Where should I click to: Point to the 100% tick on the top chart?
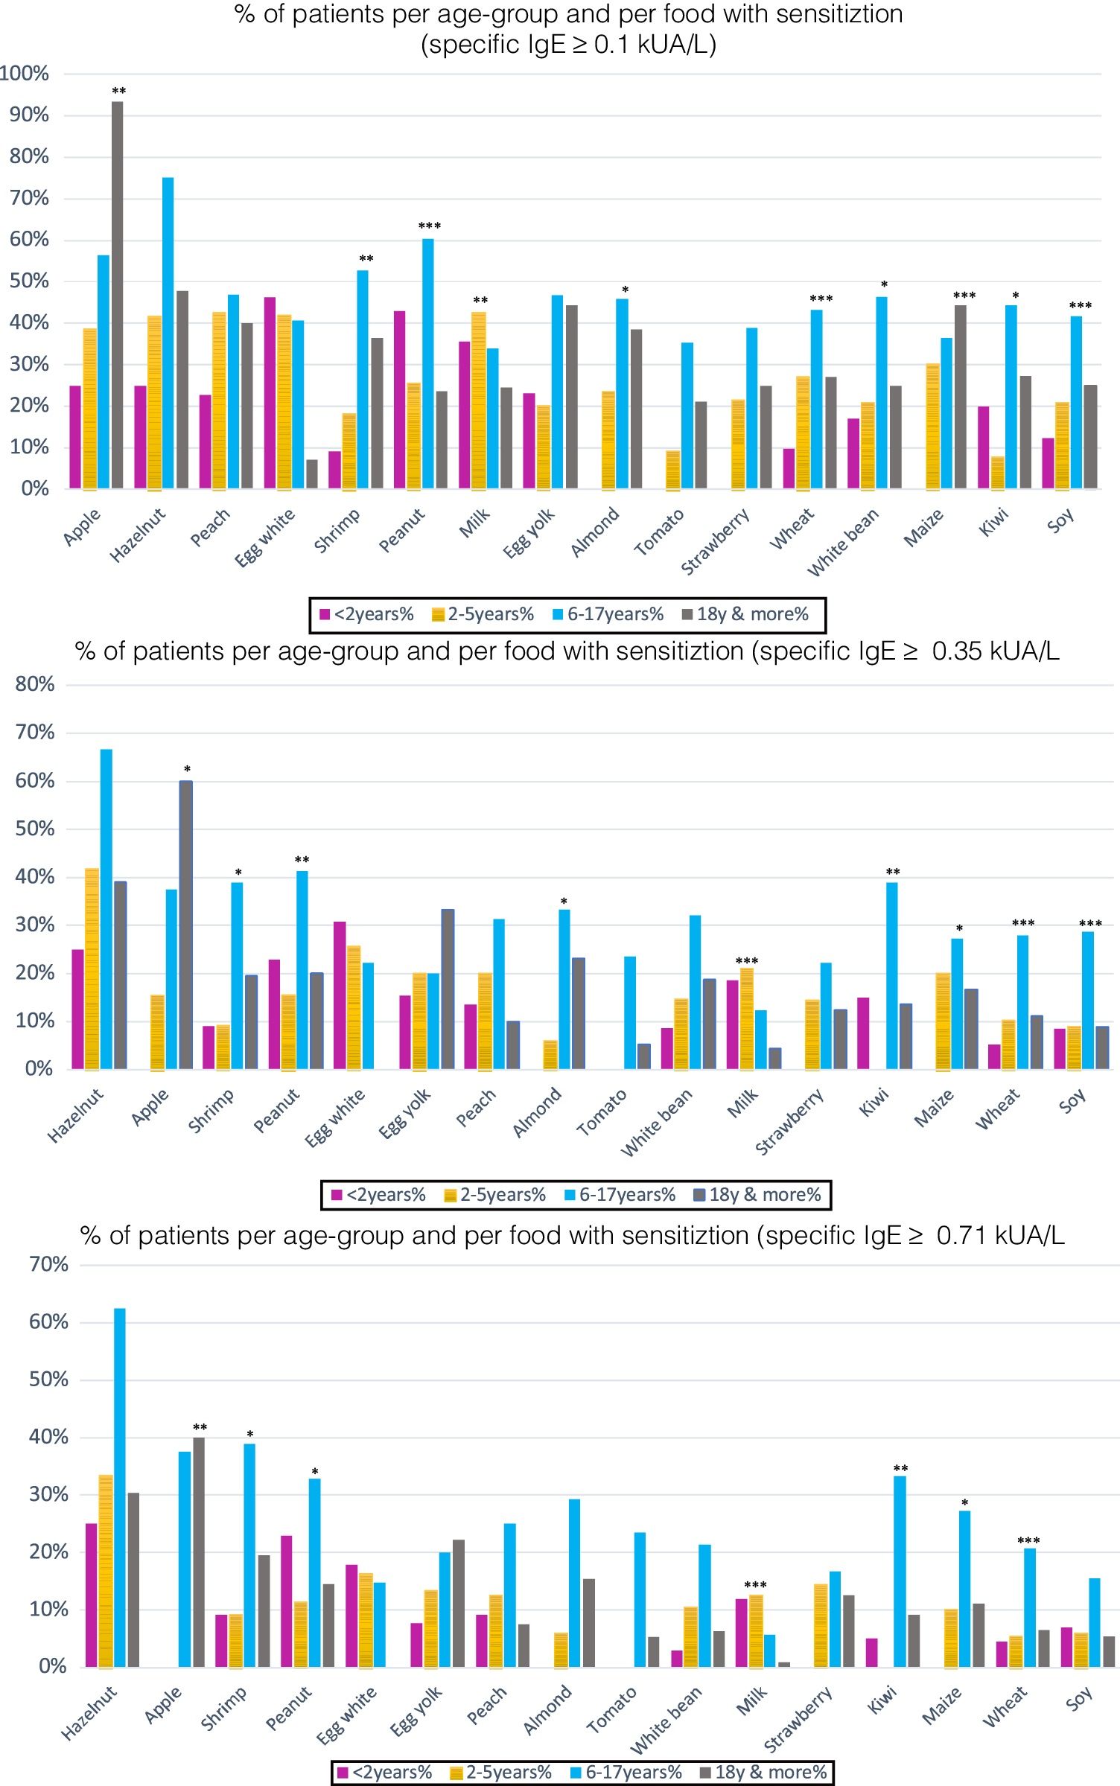click(25, 74)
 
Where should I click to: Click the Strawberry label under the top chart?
click(715, 541)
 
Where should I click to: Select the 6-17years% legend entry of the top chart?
click(608, 615)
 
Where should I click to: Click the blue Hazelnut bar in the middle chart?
click(106, 909)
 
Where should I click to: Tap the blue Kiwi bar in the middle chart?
click(891, 975)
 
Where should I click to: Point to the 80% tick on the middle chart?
click(35, 684)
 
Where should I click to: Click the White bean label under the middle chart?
click(657, 1122)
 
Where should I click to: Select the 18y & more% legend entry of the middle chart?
click(757, 1195)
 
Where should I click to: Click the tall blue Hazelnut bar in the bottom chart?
click(119, 1489)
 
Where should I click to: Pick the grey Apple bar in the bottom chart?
click(199, 1553)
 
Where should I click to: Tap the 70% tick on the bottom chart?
click(48, 1264)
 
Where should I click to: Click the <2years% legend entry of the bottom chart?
click(384, 1773)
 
